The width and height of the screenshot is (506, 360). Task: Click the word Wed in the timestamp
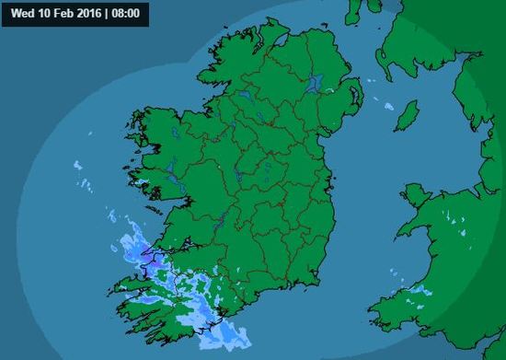(21, 13)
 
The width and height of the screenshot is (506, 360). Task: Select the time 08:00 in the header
(132, 13)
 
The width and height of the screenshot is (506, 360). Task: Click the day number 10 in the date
(42, 13)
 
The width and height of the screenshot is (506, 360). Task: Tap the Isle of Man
(406, 114)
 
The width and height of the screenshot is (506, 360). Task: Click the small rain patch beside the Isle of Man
(389, 108)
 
